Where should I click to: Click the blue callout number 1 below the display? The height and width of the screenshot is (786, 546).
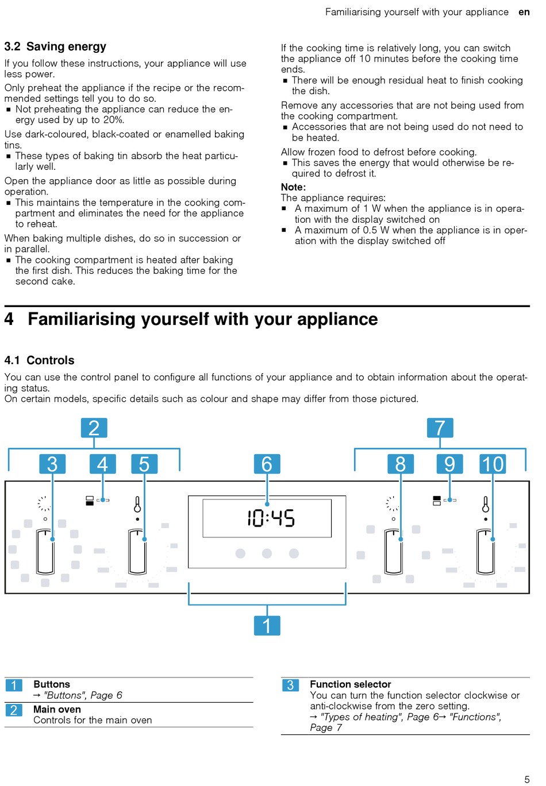point(267,625)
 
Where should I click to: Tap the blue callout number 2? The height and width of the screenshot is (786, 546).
point(94,428)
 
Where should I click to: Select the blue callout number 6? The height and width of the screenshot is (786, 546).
point(267,464)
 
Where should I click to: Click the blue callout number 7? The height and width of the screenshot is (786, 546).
point(440,428)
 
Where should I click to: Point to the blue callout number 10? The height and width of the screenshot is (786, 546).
point(493,464)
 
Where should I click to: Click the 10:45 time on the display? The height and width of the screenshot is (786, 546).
point(271,518)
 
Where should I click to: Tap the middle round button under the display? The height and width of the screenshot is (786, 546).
point(267,553)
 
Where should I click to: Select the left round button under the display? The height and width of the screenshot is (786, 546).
point(240,553)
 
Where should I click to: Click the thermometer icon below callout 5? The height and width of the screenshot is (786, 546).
point(137,505)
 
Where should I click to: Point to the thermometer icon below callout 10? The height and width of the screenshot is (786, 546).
point(486,505)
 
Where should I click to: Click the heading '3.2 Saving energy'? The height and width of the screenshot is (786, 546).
point(55,47)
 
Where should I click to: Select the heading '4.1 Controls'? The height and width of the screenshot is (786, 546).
point(39,361)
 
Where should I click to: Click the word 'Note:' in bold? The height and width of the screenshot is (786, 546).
point(293,187)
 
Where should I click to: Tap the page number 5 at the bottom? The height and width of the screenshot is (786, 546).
point(526,779)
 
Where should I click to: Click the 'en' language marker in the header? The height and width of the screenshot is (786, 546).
point(524,12)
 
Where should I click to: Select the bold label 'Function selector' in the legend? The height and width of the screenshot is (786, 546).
point(350,684)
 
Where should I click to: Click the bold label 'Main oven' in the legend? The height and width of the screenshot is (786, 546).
point(57,710)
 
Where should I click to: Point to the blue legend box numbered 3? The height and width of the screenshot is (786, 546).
point(290,685)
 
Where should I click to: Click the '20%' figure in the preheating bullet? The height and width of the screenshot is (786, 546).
point(113,120)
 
